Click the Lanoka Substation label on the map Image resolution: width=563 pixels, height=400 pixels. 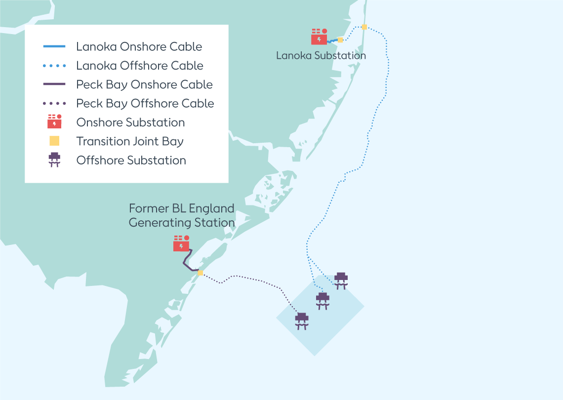tap(321, 55)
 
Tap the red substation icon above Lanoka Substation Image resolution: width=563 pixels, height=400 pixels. tap(319, 37)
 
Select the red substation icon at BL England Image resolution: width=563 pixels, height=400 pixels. tap(181, 243)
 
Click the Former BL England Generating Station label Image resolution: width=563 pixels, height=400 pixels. tap(182, 215)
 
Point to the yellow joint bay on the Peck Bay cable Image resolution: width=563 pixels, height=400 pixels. tap(200, 273)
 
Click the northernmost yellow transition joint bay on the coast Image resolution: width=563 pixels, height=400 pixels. tap(364, 27)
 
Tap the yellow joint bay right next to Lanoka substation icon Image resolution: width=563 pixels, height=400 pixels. tap(340, 40)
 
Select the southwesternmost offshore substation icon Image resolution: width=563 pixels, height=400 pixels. tap(302, 320)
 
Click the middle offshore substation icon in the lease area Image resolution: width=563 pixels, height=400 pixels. tap(322, 300)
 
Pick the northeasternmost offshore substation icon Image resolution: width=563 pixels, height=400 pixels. tap(341, 280)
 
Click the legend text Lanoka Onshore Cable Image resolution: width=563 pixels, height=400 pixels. tap(139, 47)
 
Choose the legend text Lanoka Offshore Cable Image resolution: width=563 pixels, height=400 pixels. tap(140, 66)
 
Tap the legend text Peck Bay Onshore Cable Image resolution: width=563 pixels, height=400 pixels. tap(144, 84)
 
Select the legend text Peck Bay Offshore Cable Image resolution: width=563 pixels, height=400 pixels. tap(145, 104)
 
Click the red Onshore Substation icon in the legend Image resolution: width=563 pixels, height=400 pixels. tap(54, 121)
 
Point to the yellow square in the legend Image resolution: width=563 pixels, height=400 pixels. tap(54, 141)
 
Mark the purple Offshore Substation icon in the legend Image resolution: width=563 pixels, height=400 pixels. tap(54, 160)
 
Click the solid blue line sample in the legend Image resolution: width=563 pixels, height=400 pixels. tap(54, 47)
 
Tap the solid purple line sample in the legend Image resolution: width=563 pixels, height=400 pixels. tap(54, 84)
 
